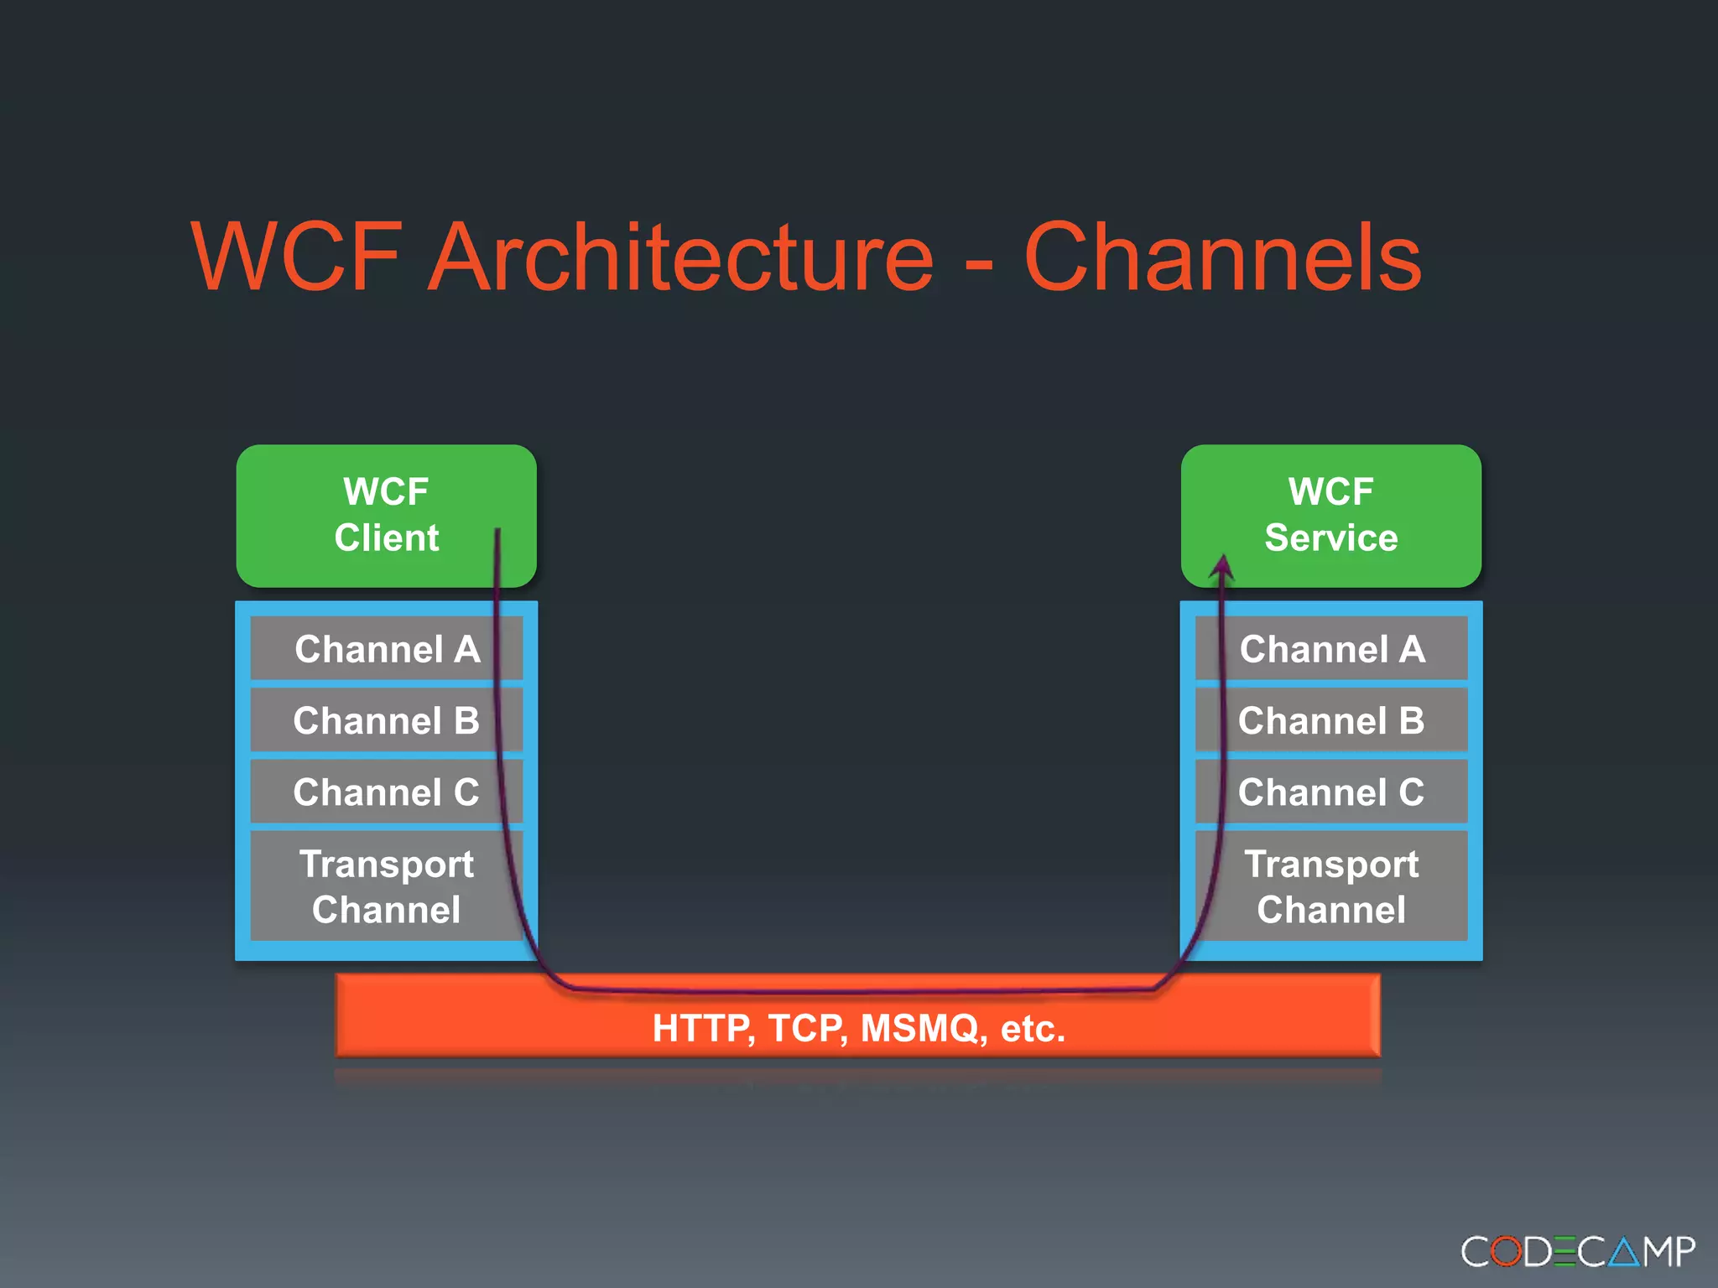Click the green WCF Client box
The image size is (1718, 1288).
pos(386,515)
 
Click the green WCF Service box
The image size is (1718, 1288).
pos(1330,515)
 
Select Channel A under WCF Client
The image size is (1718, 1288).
pos(387,649)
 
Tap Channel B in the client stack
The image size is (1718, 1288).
pos(387,720)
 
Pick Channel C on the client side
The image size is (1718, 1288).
pos(387,792)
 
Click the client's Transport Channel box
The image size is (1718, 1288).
pos(387,886)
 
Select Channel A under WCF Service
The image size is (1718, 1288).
pos(1332,649)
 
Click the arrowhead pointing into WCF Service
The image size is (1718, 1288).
pos(1223,568)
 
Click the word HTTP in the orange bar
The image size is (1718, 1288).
pos(701,1028)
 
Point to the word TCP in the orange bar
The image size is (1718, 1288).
pos(805,1028)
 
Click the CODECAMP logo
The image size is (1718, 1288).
pos(1578,1251)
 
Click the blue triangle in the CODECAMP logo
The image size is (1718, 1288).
pos(1625,1252)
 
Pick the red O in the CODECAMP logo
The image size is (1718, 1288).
pos(1506,1252)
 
